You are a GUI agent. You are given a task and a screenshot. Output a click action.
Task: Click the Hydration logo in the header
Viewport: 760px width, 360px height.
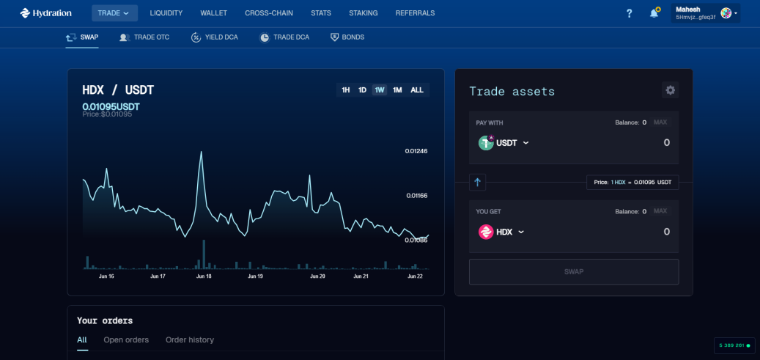coord(45,13)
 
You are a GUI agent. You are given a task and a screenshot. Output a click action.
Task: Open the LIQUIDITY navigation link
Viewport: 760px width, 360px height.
coord(166,13)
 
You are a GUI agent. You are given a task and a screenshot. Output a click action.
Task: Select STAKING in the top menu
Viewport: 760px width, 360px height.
coord(363,13)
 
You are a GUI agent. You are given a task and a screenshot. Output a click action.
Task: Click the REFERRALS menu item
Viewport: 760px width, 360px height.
coord(415,13)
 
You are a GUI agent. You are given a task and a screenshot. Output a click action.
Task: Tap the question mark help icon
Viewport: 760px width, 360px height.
coord(629,14)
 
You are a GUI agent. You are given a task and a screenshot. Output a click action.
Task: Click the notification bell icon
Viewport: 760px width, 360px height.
coord(654,13)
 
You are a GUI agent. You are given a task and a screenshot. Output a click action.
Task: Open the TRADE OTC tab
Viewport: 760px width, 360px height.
coord(144,37)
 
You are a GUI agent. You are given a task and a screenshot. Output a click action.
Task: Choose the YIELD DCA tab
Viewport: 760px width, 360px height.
coord(214,37)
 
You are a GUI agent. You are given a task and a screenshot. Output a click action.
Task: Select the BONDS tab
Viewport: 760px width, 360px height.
coord(347,37)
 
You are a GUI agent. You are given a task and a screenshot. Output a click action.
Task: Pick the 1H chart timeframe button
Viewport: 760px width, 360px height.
coord(346,89)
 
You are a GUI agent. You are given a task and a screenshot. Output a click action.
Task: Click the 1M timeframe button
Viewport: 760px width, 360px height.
coord(397,89)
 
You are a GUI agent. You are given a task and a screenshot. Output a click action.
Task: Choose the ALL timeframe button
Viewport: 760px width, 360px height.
coord(417,89)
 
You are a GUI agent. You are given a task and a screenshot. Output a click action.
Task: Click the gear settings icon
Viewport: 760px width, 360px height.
coord(671,90)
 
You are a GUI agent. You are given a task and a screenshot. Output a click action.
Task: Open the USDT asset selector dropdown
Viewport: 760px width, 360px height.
coord(503,143)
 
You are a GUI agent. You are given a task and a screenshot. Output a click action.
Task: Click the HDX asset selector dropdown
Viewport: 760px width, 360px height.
coord(501,232)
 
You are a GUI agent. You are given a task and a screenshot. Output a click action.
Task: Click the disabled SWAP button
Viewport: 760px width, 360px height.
coord(574,272)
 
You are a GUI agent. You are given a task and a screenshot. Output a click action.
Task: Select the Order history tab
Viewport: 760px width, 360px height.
coord(190,340)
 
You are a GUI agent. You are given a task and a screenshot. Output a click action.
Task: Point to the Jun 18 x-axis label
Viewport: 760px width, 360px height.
coord(204,276)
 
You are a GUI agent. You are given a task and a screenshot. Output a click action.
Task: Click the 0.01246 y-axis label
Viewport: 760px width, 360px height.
coord(416,151)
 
